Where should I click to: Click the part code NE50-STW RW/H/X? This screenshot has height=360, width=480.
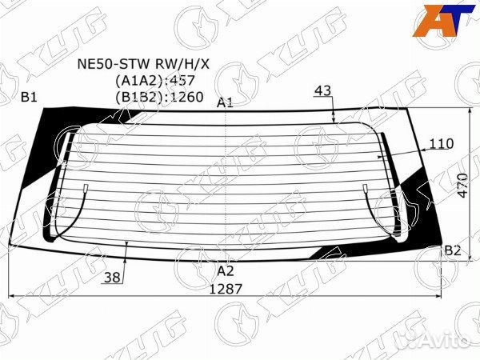pos(143,64)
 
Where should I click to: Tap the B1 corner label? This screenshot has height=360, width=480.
pos(29,98)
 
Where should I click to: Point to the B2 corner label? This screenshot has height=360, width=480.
pos(453,250)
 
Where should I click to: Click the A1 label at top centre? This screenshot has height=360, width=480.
pos(225,102)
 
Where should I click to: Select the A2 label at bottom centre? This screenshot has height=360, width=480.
pos(226,271)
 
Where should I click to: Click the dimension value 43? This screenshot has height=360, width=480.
pos(323,90)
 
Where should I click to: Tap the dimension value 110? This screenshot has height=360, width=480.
pos(442,143)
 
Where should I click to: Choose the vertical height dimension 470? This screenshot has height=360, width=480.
pos(462,186)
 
